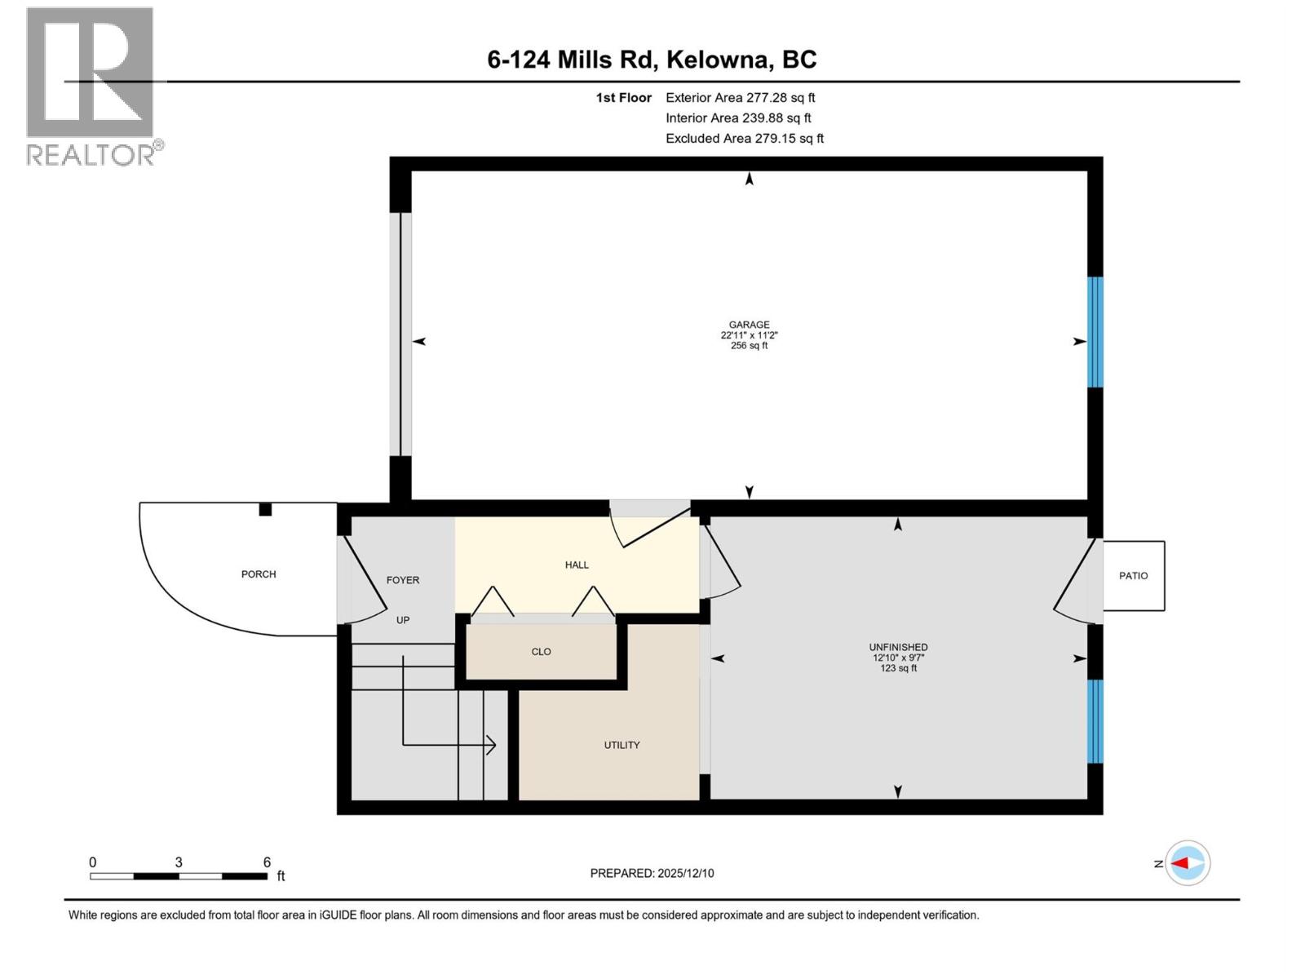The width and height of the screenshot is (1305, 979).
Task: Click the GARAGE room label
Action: pyautogui.click(x=749, y=325)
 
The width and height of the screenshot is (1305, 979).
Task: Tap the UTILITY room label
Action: pyautogui.click(x=622, y=745)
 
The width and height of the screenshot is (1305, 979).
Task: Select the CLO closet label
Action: pyautogui.click(x=541, y=652)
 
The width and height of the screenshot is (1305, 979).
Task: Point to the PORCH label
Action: pyautogui.click(x=259, y=574)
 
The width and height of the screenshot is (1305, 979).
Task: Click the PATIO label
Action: pyautogui.click(x=1133, y=576)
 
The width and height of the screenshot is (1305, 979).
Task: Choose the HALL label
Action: pyautogui.click(x=577, y=565)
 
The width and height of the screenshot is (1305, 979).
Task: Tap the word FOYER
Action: pyautogui.click(x=402, y=580)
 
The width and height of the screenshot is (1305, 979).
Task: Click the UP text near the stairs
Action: pyautogui.click(x=403, y=620)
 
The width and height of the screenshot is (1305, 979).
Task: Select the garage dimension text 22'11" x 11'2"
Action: pyautogui.click(x=749, y=335)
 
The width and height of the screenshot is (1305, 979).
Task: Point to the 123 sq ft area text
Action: pyautogui.click(x=898, y=668)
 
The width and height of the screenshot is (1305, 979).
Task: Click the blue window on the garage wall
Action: pyautogui.click(x=1095, y=332)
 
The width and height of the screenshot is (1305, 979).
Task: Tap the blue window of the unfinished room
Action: pyautogui.click(x=1095, y=721)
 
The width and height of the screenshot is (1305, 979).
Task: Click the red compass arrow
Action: pyautogui.click(x=1181, y=863)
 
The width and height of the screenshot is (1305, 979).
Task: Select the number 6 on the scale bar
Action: pyautogui.click(x=267, y=862)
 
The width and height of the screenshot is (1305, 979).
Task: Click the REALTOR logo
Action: pyautogui.click(x=91, y=86)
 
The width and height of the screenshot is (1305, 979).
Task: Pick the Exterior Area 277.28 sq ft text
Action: pyautogui.click(x=740, y=98)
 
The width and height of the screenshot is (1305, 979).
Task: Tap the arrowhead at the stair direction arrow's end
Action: pyautogui.click(x=492, y=745)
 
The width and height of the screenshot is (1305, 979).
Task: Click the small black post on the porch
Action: pyautogui.click(x=265, y=510)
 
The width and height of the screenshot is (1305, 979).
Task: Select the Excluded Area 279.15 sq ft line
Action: pyautogui.click(x=744, y=139)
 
